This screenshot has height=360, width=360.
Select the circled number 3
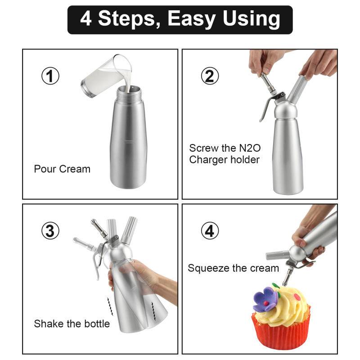pos(50,231)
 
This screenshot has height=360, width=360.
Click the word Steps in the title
pos(128,19)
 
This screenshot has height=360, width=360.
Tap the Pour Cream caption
pos(62,169)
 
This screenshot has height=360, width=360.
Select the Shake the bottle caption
pos(72,324)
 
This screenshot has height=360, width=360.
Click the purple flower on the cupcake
pos(265,299)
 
